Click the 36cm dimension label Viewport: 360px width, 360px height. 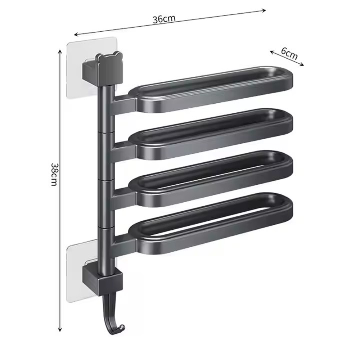click(164, 19)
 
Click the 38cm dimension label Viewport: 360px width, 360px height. click(54, 174)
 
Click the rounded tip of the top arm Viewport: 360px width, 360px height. click(288, 79)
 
